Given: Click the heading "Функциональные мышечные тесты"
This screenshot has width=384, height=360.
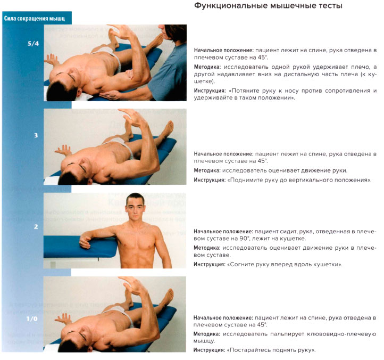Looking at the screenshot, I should pos(268,7).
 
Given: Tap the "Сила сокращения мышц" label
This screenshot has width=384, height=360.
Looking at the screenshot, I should pos(35,19).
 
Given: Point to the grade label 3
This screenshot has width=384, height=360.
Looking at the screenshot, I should pos(36,135).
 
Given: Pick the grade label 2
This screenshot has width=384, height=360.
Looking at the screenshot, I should pos(36,227).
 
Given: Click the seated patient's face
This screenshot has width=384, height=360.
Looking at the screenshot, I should pos(136,208).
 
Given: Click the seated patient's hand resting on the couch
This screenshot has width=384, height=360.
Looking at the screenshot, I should pos(85,242).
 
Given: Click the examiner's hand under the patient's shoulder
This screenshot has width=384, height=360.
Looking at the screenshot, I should pos(114,94).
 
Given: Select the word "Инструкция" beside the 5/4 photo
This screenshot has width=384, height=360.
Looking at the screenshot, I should pos(210,91).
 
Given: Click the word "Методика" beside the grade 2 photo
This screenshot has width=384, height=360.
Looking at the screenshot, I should pos(206,248).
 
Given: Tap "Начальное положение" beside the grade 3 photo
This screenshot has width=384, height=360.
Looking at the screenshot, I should pos(223,153).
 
